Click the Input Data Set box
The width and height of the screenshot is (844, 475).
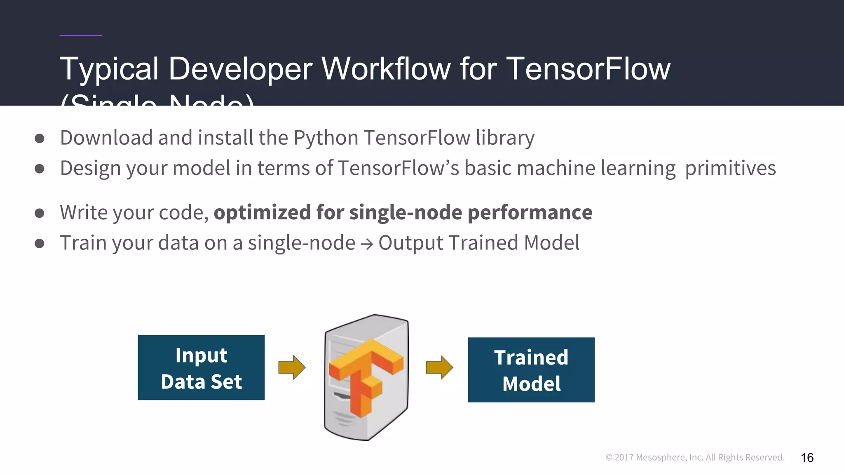click(x=201, y=367)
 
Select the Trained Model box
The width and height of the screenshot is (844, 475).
click(x=531, y=370)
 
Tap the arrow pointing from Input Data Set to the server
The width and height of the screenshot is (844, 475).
click(x=292, y=367)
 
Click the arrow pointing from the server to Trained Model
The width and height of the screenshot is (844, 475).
click(x=439, y=367)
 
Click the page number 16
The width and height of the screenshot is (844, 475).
click(x=807, y=458)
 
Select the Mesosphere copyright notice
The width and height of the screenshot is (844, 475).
click(x=695, y=457)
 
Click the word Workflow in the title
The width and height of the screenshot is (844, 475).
click(x=386, y=69)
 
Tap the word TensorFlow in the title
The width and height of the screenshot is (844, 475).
click(x=588, y=69)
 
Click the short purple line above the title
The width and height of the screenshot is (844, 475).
click(x=80, y=36)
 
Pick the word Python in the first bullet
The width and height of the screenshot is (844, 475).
click(x=326, y=138)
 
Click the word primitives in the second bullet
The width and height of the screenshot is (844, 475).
click(x=730, y=168)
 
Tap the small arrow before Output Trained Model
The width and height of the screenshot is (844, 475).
click(x=367, y=244)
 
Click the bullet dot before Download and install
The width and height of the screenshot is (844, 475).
click(x=40, y=139)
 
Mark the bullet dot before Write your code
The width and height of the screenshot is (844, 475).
click(x=40, y=213)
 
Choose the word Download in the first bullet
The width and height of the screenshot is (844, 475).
click(x=106, y=138)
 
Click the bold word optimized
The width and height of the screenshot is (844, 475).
click(x=262, y=213)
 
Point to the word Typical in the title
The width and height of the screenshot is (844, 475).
click(x=109, y=69)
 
